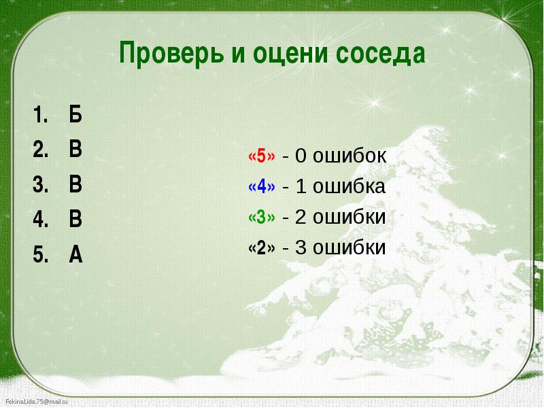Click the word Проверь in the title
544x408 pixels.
point(171,53)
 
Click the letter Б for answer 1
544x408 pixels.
point(75,114)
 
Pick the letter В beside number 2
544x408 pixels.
point(75,149)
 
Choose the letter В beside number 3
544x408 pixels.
point(75,184)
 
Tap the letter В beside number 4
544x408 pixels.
point(75,219)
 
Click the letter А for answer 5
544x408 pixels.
point(75,254)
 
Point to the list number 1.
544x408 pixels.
point(40,114)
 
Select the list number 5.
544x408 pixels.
point(40,254)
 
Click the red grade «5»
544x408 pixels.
point(262,156)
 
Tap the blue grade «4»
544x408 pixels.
point(262,186)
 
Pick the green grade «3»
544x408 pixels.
point(262,217)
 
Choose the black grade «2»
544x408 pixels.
point(262,248)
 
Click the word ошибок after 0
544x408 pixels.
point(350,155)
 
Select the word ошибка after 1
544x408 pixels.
point(349,186)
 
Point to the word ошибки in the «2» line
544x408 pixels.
point(349,248)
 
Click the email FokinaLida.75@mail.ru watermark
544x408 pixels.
point(37,402)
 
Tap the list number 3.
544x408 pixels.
point(40,184)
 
